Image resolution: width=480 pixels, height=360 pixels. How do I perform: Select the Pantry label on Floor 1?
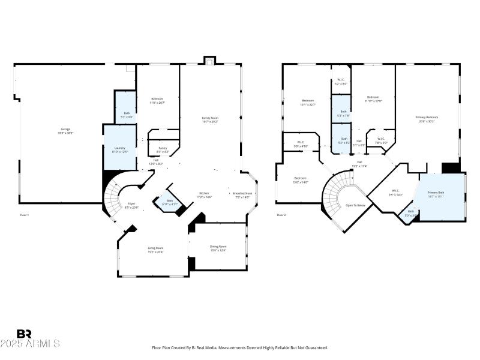click(163, 149)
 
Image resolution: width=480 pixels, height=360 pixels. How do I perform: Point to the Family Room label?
click(209, 119)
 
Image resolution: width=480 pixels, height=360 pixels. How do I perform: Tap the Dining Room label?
click(218, 248)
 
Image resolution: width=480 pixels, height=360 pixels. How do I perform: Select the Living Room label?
click(156, 249)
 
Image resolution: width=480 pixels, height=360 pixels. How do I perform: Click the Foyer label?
click(131, 205)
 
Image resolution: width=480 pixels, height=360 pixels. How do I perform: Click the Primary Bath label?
click(436, 194)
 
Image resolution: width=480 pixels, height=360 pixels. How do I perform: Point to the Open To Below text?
click(355, 205)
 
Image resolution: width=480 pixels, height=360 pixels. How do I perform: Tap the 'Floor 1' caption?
click(24, 215)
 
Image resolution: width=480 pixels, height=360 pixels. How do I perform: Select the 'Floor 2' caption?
click(281, 215)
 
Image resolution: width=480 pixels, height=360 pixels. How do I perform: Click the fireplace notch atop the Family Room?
click(209, 60)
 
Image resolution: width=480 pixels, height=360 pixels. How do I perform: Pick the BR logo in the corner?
click(24, 334)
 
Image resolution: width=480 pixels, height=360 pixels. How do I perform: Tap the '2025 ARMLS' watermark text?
click(30, 344)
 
